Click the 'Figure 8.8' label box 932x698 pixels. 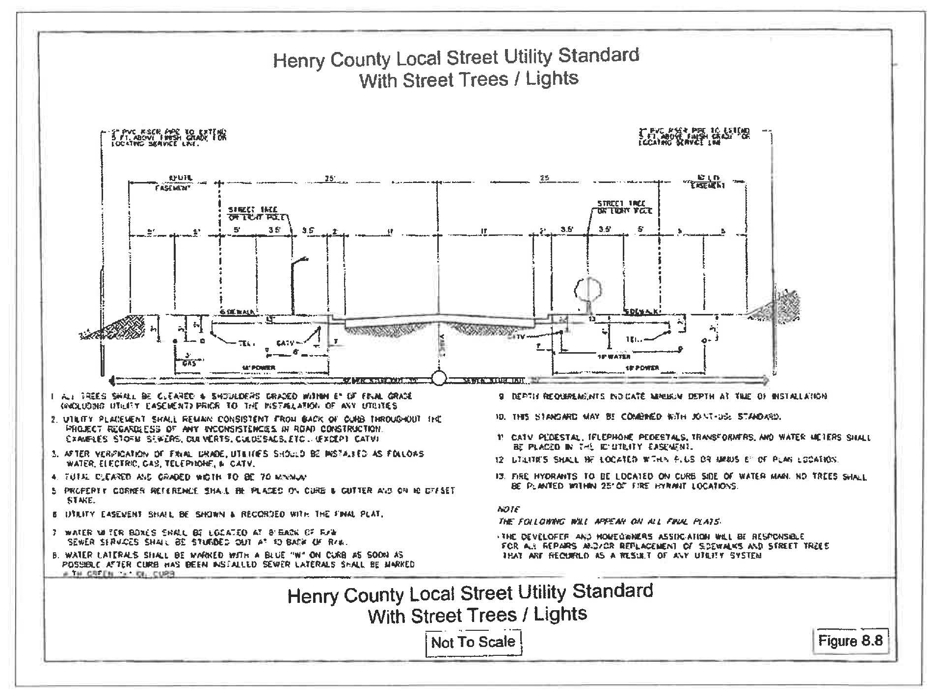852,641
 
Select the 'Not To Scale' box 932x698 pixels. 473,642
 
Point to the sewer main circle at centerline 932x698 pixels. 439,379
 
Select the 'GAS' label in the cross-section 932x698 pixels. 189,363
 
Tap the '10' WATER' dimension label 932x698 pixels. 613,357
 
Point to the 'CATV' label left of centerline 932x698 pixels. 285,344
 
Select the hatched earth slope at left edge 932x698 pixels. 118,326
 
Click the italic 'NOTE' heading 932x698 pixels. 508,509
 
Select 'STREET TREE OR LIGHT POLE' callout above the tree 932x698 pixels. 623,207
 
